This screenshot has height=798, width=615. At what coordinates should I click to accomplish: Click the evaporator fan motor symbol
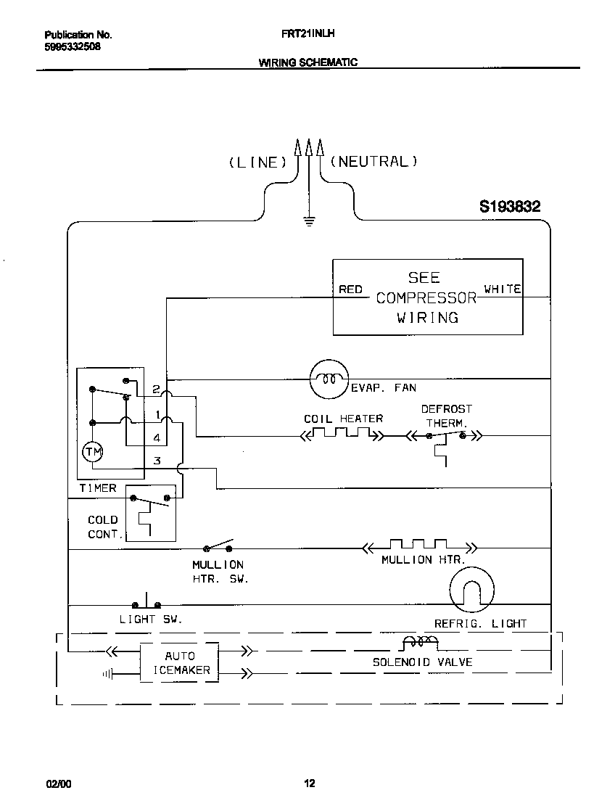(329, 378)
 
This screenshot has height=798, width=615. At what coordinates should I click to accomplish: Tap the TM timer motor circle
(93, 452)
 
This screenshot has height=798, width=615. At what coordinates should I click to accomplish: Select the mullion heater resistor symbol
(418, 546)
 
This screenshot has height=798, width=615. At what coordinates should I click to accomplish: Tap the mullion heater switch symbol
(219, 546)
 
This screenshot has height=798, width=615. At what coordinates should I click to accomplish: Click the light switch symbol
(146, 602)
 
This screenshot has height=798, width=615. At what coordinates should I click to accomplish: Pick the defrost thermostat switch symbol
(445, 435)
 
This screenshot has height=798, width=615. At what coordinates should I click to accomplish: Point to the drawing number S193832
(509, 207)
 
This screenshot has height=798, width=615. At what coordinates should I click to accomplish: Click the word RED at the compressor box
(350, 289)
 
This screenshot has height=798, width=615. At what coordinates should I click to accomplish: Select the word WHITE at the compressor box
(502, 289)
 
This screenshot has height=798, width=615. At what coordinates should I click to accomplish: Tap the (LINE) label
(253, 163)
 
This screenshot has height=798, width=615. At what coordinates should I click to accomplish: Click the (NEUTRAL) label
(373, 162)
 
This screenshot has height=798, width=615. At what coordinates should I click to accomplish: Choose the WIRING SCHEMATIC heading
(307, 62)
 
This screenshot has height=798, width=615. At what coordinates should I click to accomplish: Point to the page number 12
(309, 783)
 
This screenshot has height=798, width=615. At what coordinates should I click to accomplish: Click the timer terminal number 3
(156, 461)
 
